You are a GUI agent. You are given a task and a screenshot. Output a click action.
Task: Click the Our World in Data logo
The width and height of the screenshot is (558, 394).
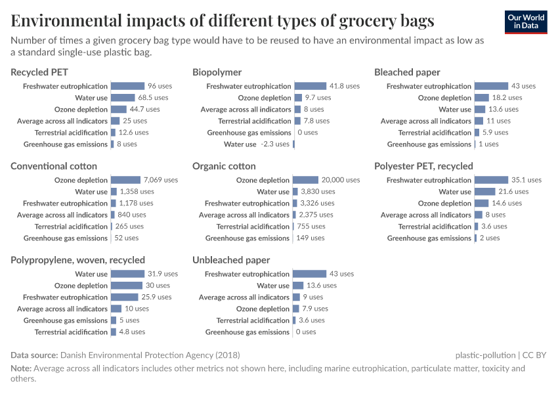click(526, 22)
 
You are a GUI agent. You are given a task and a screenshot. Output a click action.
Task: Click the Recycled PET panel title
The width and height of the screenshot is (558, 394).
click(39, 72)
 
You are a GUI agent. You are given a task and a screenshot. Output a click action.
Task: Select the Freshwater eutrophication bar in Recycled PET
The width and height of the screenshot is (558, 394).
click(127, 86)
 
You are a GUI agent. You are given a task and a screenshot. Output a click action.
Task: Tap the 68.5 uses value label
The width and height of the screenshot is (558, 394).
click(153, 98)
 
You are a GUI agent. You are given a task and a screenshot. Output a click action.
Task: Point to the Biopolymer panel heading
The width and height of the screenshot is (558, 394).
click(217, 72)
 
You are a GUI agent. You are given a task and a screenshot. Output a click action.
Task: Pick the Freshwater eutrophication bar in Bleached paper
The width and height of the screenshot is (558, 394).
click(491, 86)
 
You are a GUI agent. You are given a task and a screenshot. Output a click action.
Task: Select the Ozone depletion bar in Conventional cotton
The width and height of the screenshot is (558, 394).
click(125, 180)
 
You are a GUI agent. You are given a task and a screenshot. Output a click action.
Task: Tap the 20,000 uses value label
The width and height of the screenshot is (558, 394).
click(341, 180)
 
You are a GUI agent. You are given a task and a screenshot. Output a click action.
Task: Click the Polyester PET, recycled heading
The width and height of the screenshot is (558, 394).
click(423, 166)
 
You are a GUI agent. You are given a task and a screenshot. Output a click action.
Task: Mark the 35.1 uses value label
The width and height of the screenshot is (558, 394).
click(526, 180)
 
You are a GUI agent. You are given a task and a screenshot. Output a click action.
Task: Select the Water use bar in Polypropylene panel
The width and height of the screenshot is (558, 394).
click(127, 274)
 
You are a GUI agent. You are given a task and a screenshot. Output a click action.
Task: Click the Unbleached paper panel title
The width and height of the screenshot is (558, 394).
click(231, 260)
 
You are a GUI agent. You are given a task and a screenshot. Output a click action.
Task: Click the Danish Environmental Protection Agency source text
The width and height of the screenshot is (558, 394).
click(150, 355)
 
